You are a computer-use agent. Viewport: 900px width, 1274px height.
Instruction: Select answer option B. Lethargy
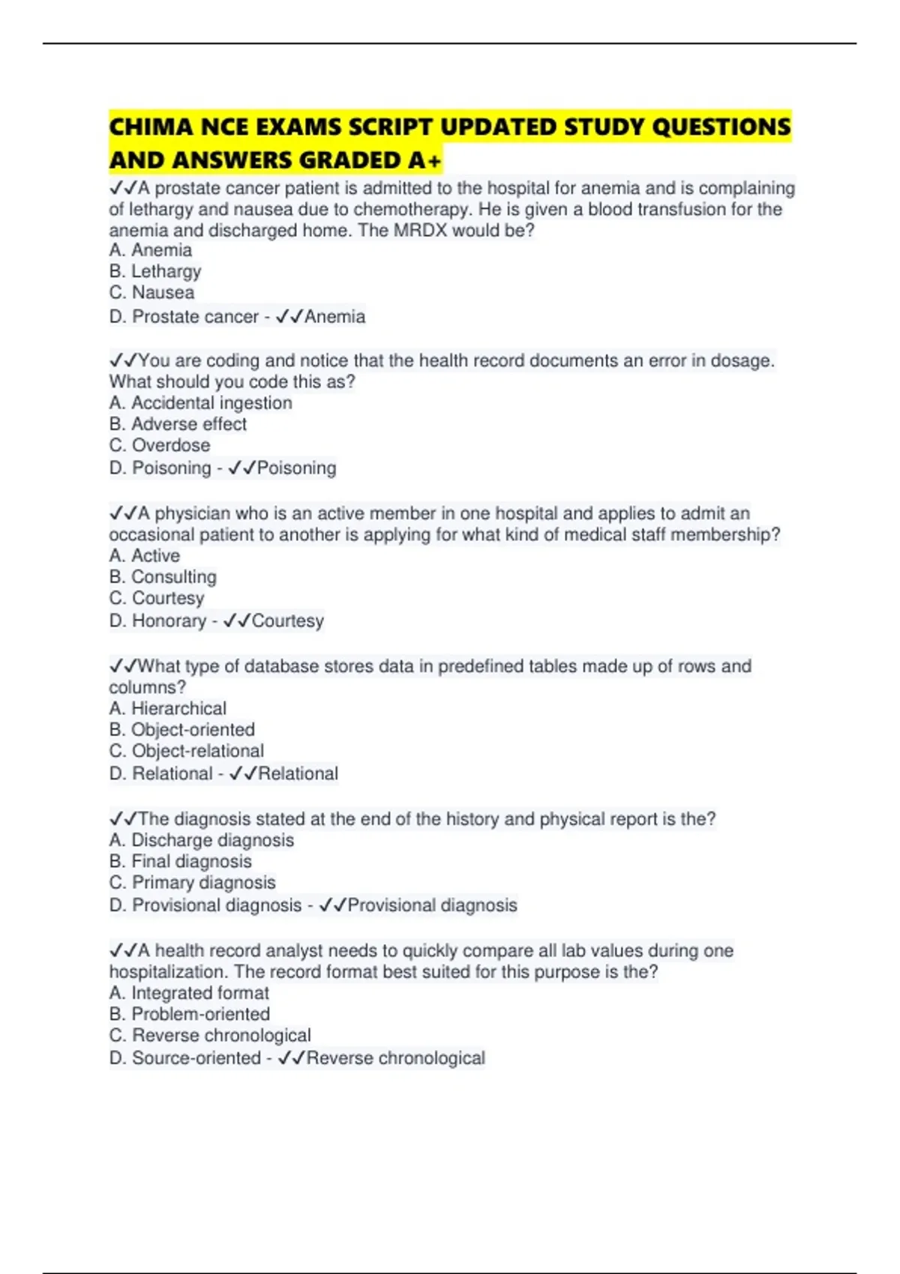point(155,271)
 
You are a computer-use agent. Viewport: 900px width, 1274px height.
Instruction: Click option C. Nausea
point(151,292)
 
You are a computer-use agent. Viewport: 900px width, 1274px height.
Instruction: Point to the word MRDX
point(420,230)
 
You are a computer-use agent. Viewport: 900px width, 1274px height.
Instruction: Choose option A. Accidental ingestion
point(200,403)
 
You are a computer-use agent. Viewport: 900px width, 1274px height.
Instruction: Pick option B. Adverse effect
point(178,424)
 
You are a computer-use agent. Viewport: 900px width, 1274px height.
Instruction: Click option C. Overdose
point(160,445)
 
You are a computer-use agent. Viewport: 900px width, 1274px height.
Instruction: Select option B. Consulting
point(163,577)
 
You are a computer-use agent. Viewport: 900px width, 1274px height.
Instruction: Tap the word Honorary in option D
point(169,621)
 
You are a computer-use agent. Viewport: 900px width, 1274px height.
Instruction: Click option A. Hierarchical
point(167,709)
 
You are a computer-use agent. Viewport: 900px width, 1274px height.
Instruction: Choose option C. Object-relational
point(186,751)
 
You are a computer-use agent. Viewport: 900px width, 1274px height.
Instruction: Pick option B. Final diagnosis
point(180,862)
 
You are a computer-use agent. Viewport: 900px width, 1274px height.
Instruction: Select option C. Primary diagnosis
point(192,883)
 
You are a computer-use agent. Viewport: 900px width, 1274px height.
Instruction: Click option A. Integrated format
point(189,993)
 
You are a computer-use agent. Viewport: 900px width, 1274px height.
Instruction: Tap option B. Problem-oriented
point(189,1014)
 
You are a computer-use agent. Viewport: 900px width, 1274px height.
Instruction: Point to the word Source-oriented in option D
point(196,1058)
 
